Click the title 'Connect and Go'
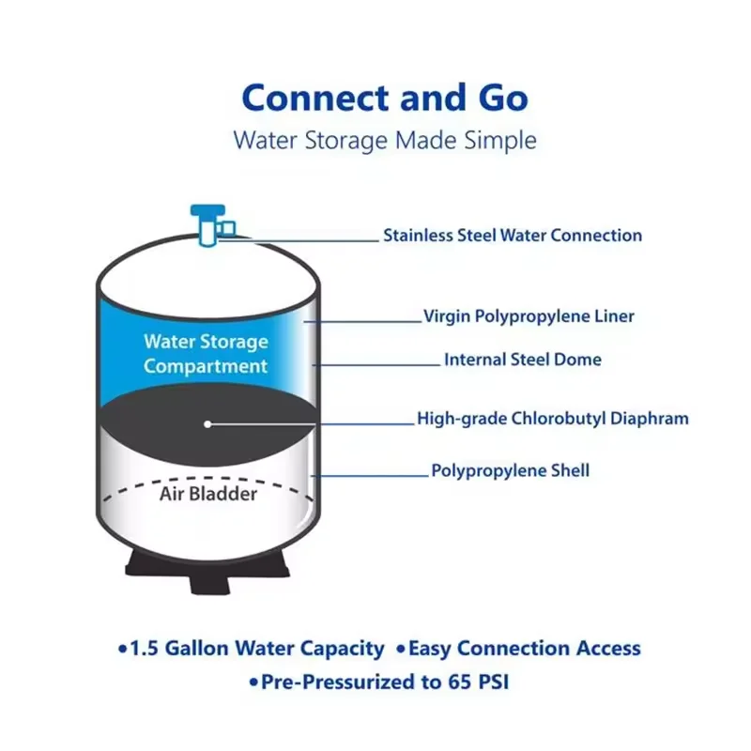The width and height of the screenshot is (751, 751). [384, 98]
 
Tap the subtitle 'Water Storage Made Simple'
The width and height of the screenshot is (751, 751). [385, 141]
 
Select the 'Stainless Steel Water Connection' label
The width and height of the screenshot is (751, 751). [512, 236]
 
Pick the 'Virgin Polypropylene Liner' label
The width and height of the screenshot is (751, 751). [529, 316]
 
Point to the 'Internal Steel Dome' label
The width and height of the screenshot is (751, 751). [522, 360]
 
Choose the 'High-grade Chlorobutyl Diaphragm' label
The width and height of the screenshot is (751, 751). [552, 419]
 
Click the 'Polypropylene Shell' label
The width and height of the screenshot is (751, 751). [510, 470]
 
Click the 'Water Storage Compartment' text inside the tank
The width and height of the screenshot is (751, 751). [206, 354]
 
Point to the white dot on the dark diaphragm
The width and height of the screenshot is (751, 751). [207, 424]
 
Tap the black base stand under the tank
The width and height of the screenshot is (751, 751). [207, 567]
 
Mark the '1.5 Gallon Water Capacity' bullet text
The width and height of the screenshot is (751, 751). [256, 649]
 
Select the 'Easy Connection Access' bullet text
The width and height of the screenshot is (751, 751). [524, 649]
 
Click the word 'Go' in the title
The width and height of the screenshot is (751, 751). [498, 98]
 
